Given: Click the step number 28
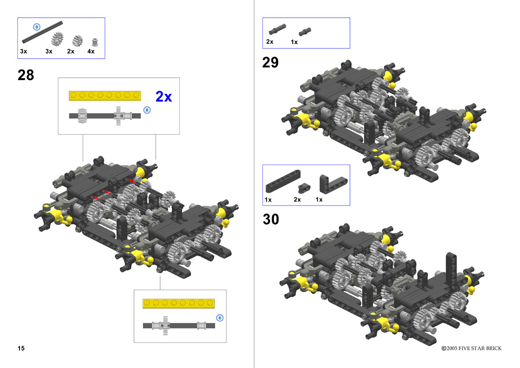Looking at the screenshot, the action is point(26,75).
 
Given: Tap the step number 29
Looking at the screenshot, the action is point(270,62).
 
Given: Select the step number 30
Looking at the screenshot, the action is point(271,219).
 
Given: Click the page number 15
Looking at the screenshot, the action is point(21,348).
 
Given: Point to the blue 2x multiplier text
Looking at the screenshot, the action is point(164,97).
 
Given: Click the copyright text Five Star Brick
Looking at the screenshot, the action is point(471,348).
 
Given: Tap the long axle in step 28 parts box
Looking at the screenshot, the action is point(42,32).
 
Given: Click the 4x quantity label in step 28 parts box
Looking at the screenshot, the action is point(91,52).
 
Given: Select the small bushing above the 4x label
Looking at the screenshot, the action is point(95,42).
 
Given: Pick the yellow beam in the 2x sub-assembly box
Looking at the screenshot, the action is point(105,96).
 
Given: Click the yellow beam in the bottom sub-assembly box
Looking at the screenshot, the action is point(179,303).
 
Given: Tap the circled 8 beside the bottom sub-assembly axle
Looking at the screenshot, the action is point(220,318).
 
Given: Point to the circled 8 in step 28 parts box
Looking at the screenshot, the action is point(37,27).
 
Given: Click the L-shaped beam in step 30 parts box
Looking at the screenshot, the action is point(333,184).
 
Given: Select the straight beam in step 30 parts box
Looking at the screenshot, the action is point(283,182).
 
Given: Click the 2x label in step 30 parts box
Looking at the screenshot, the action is point(297,199).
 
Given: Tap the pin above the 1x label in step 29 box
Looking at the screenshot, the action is point(305,32).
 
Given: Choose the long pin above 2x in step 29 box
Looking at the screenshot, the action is point(277,29).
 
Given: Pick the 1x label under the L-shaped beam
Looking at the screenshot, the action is point(319,199).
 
